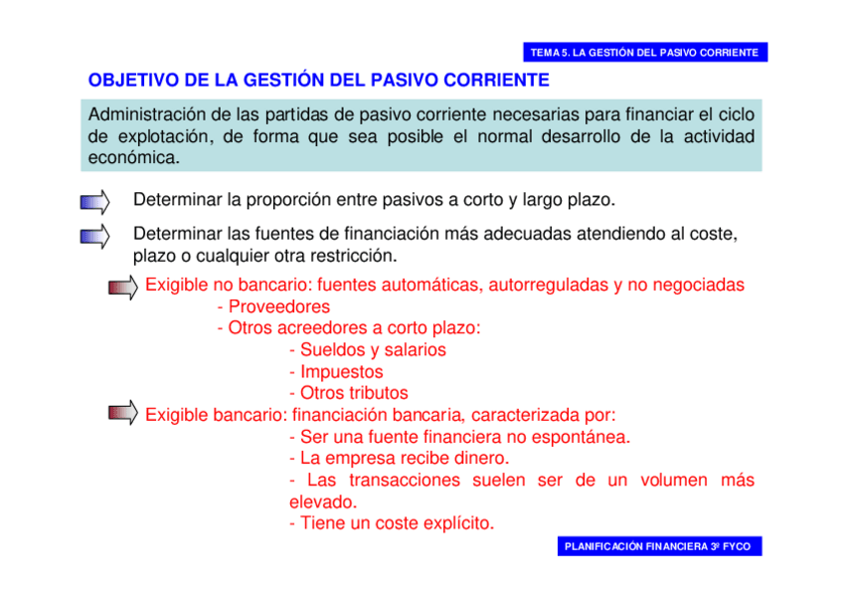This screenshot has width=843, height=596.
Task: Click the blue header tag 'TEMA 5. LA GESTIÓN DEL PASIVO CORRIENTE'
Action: [x=644, y=52]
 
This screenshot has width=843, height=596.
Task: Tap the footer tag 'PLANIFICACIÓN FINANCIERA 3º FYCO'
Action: [x=657, y=546]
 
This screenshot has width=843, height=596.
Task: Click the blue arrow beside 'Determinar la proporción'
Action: [x=94, y=203]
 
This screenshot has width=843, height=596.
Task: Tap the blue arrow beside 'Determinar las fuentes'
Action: [x=94, y=236]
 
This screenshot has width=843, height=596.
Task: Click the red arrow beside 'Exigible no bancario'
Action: [x=123, y=289]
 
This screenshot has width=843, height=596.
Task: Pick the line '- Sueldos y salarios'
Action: [x=367, y=350]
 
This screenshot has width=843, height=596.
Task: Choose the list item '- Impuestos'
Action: [x=335, y=372]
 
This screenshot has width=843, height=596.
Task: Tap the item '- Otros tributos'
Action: [x=348, y=393]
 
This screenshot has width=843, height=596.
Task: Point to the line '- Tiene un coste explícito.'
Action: [x=391, y=523]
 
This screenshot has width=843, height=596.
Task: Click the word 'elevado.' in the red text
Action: [x=322, y=501]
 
